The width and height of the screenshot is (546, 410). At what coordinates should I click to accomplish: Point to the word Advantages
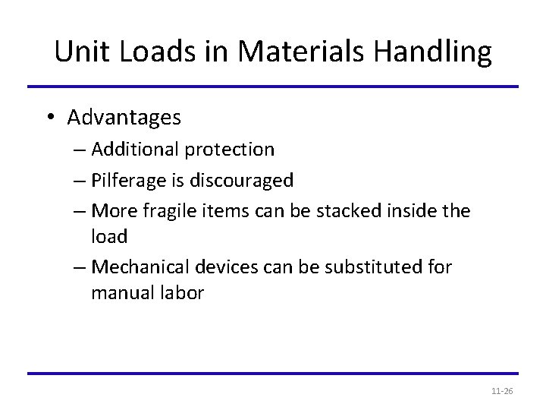(124, 118)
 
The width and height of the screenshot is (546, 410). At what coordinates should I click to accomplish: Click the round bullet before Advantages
(49, 118)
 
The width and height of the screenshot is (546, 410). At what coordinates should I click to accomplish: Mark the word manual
(121, 292)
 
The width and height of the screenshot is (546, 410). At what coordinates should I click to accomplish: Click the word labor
(181, 292)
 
